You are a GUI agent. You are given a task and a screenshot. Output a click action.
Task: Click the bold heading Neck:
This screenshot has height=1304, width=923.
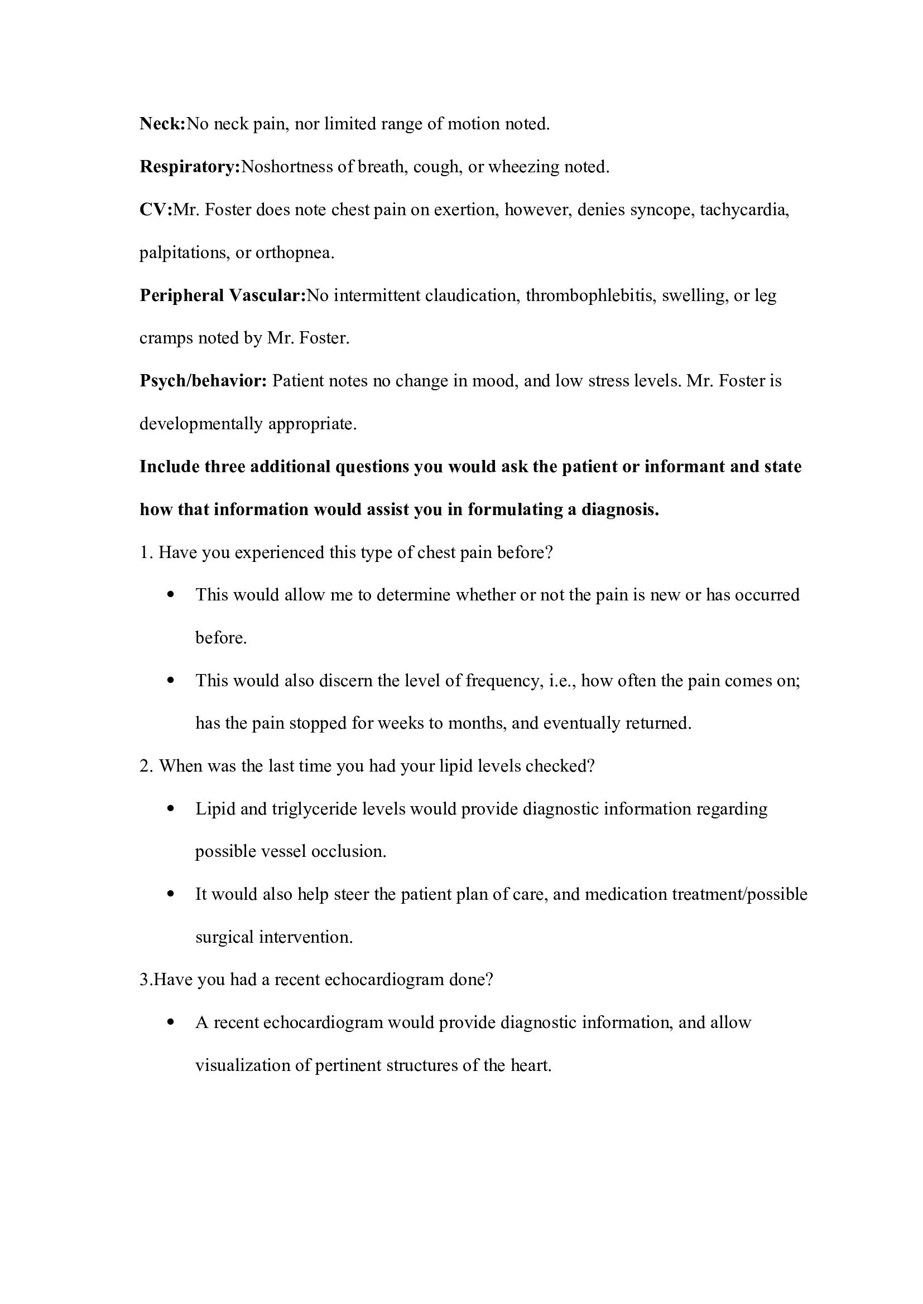(x=162, y=124)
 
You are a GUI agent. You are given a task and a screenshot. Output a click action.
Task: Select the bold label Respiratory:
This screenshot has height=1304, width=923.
(x=190, y=167)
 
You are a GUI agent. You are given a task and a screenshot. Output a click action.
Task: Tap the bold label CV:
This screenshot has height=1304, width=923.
(x=156, y=210)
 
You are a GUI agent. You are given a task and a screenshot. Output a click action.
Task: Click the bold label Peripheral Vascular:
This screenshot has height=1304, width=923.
(x=223, y=295)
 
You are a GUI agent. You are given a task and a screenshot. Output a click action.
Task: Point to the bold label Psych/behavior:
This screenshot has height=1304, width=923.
(x=203, y=381)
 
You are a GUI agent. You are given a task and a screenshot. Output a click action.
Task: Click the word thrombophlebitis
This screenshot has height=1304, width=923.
(x=589, y=295)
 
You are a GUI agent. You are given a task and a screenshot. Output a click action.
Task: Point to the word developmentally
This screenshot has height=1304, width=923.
(x=201, y=424)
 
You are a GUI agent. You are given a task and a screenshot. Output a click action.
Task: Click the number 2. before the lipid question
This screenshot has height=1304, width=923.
(x=147, y=766)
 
